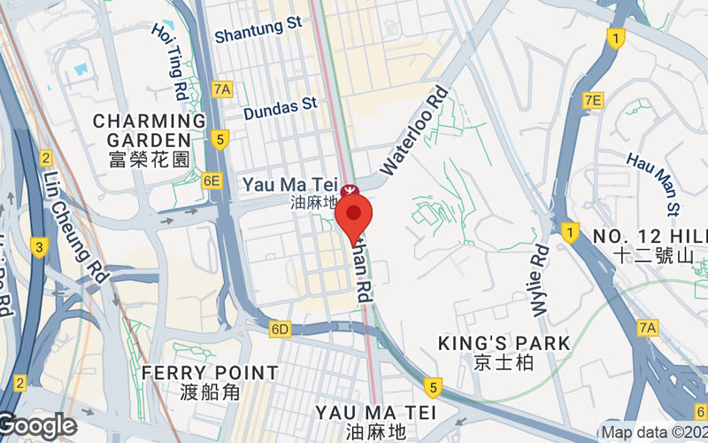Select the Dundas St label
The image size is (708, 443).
(280, 105)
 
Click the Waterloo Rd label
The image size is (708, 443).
(412, 128)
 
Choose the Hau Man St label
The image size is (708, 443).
(653, 183)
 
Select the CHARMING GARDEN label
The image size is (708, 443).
(149, 129)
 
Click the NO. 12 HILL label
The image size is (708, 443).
(650, 236)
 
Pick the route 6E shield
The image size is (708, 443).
(211, 181)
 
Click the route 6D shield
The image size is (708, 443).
(280, 330)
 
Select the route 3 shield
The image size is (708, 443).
(38, 246)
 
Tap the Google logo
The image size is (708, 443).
(38, 426)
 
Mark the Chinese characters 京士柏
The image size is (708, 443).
(479, 361)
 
